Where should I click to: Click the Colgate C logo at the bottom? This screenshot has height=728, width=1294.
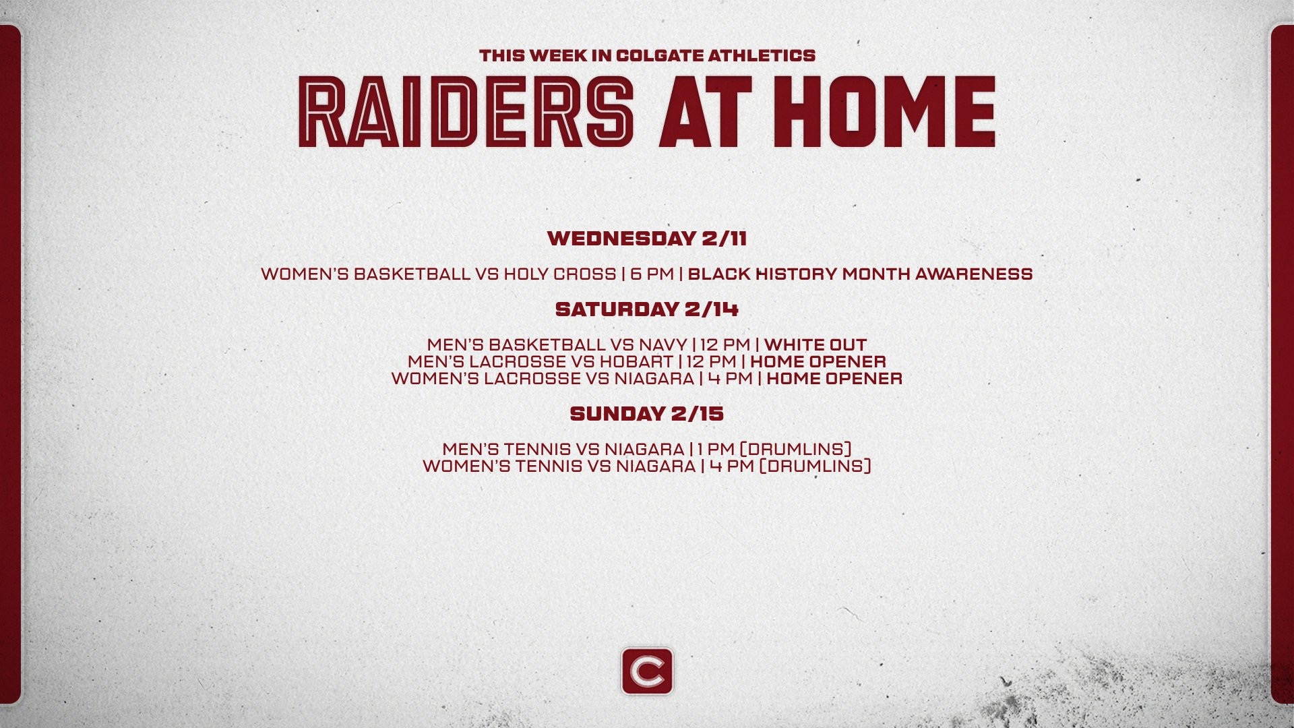pyautogui.click(x=647, y=671)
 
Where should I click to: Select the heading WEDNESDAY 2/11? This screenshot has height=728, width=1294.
pyautogui.click(x=647, y=239)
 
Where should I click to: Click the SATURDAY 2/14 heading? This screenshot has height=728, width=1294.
pyautogui.click(x=647, y=309)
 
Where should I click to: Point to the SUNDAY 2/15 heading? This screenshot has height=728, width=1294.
pyautogui.click(x=647, y=414)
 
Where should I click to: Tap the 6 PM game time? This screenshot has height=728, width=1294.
pyautogui.click(x=652, y=274)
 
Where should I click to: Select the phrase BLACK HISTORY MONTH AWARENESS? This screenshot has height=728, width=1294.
pyautogui.click(x=860, y=274)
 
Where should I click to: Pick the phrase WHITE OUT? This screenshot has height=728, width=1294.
pyautogui.click(x=815, y=345)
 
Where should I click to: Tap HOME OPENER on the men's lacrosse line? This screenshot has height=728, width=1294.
pyautogui.click(x=818, y=362)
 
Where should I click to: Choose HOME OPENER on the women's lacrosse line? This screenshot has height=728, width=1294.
pyautogui.click(x=834, y=379)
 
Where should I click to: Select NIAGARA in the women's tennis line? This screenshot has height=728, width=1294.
pyautogui.click(x=655, y=466)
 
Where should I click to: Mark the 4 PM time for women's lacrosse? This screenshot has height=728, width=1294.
pyautogui.click(x=730, y=379)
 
